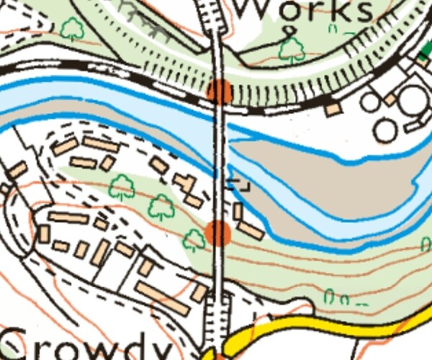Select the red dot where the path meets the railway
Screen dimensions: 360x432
tap(220, 92)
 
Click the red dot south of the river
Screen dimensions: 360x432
tap(217, 233)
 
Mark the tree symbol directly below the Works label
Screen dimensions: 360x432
tap(292, 49)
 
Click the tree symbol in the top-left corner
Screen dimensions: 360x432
tap(72, 29)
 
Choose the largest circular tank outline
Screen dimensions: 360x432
tap(411, 100)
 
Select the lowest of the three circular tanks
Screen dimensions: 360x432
tap(386, 130)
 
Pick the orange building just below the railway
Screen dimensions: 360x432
tap(332, 109)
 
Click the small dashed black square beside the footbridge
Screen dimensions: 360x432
tap(239, 184)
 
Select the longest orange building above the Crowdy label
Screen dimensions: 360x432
tap(162, 297)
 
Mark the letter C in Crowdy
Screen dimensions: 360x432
tap(20, 344)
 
